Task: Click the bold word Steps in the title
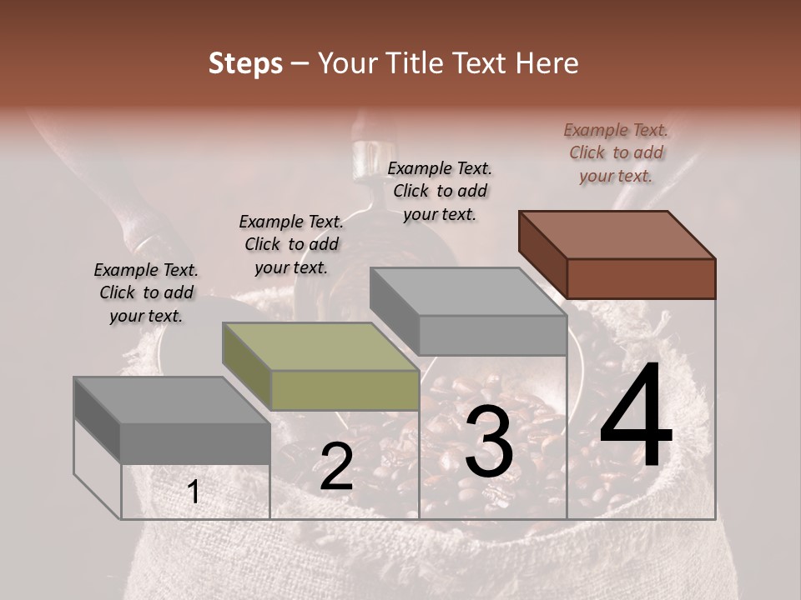pyautogui.click(x=245, y=64)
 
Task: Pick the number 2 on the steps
pyautogui.click(x=336, y=467)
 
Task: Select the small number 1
pyautogui.click(x=194, y=492)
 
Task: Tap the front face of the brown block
pyautogui.click(x=641, y=278)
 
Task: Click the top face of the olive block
pyautogui.click(x=320, y=346)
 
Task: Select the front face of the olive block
pyautogui.click(x=345, y=390)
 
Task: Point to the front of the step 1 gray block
pyautogui.click(x=195, y=442)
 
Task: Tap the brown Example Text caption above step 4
pyautogui.click(x=616, y=152)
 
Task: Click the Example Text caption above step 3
pyautogui.click(x=440, y=191)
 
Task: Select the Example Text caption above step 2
pyautogui.click(x=291, y=244)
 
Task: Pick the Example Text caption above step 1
pyautogui.click(x=146, y=292)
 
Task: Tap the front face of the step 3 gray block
pyautogui.click(x=492, y=335)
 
